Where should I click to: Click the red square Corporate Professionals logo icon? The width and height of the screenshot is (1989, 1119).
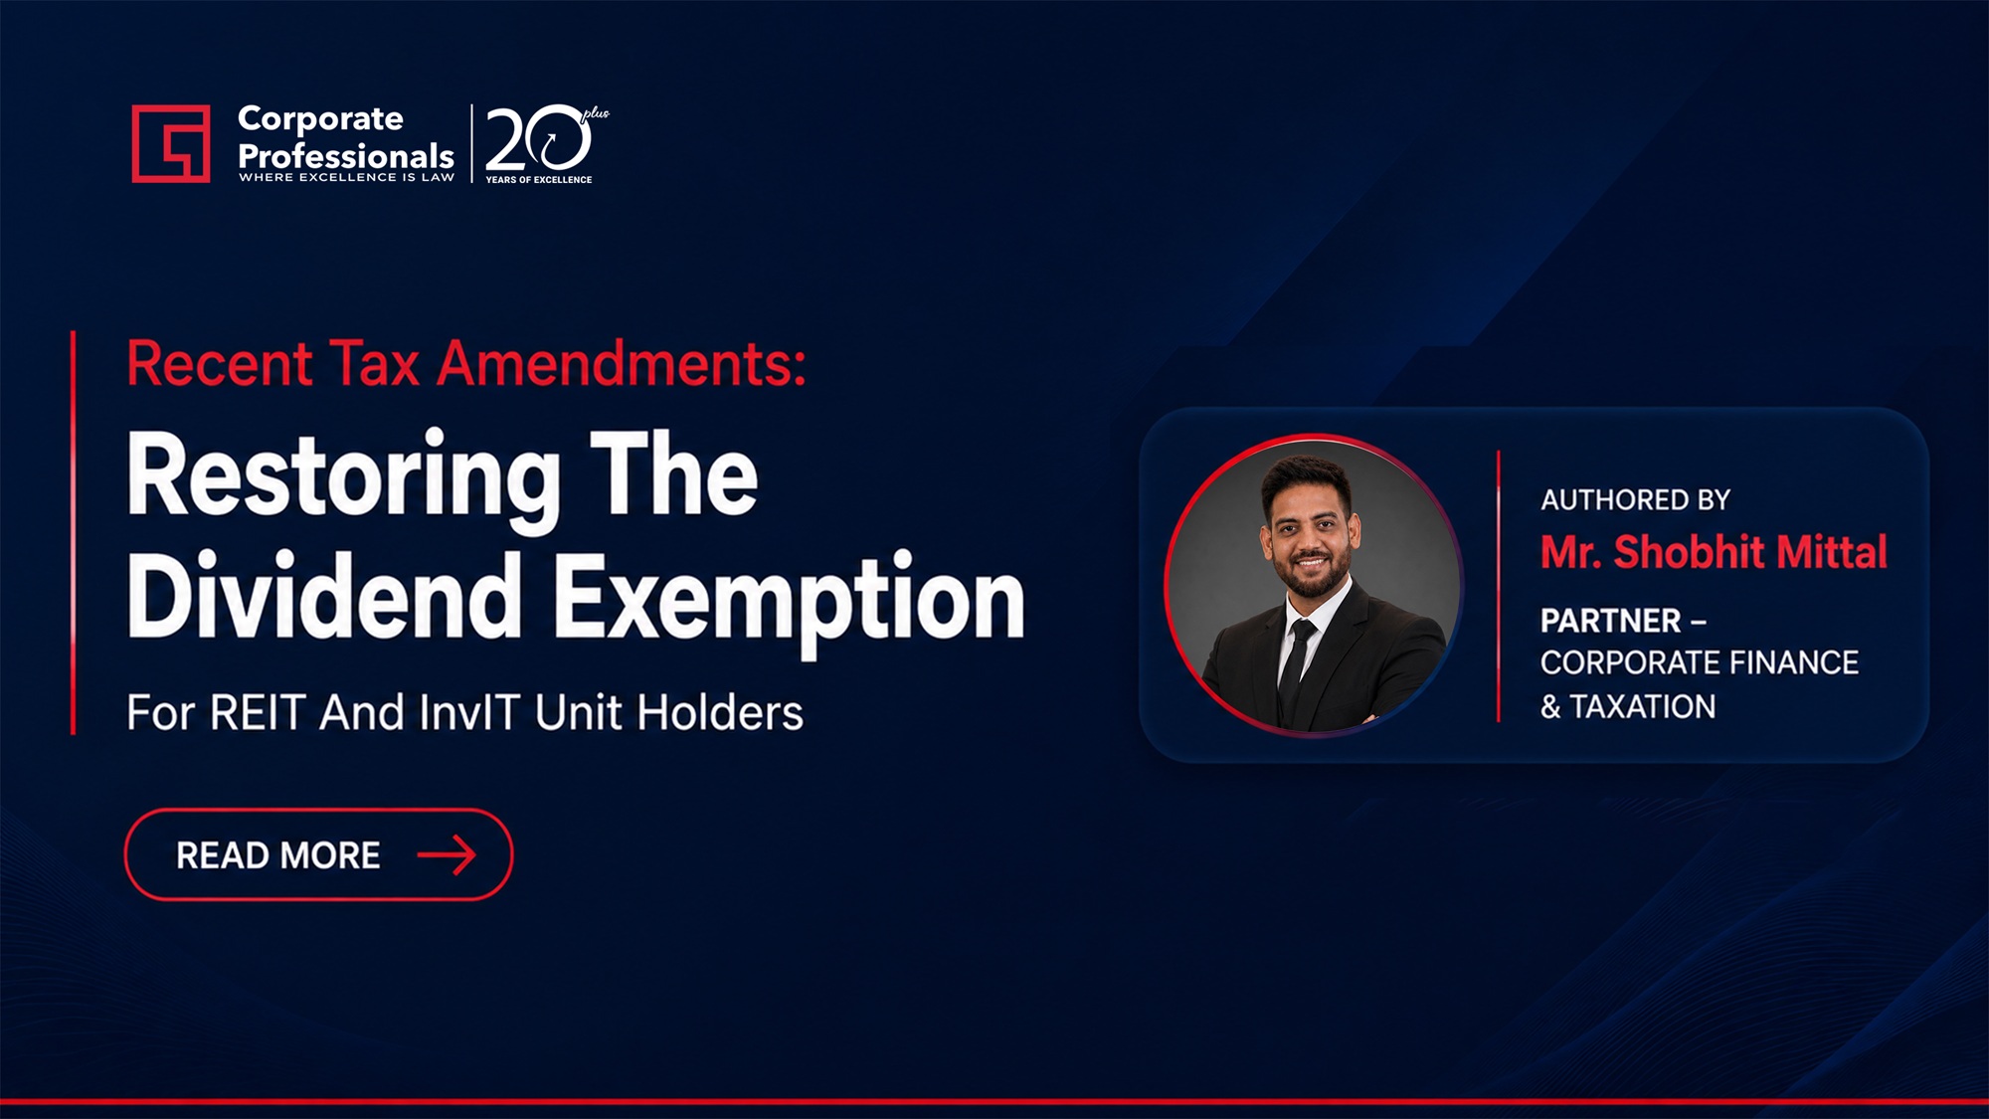coord(171,143)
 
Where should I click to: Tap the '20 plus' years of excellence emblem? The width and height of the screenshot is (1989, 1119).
coord(546,143)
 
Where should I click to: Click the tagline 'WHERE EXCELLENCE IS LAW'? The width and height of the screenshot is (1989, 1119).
coord(346,177)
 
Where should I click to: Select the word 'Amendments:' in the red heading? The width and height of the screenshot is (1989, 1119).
coord(623,363)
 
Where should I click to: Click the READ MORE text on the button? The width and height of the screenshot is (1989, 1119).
coord(278,855)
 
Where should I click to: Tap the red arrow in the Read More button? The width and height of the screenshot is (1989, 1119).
coord(447,854)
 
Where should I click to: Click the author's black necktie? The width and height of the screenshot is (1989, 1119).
coord(1296,668)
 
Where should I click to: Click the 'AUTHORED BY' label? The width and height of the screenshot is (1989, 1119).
coord(1636,499)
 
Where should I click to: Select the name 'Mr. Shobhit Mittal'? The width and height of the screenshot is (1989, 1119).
coord(1714,552)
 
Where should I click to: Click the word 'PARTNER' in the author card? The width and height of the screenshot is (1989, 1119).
coord(1610,621)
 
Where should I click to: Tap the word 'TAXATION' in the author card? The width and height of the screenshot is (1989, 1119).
coord(1643,706)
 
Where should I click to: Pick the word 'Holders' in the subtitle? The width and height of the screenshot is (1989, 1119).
coord(720,713)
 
